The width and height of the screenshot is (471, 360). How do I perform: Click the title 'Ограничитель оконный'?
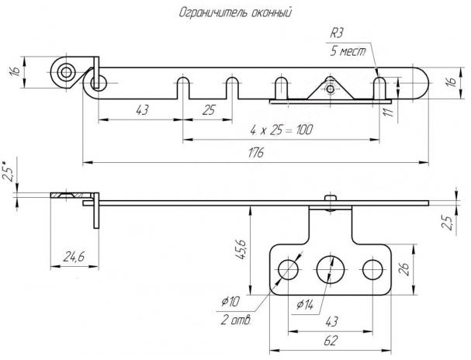point(235,12)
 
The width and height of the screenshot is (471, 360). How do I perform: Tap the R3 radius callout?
point(337,33)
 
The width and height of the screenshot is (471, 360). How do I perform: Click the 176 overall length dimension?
point(255,153)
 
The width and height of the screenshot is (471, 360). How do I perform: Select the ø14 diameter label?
point(304,305)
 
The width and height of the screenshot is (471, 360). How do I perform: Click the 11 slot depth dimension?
point(389,111)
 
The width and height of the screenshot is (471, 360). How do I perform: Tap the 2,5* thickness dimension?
point(8,171)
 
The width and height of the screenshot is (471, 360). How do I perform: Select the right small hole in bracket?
point(373,269)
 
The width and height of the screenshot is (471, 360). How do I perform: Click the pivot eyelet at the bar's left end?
point(65,72)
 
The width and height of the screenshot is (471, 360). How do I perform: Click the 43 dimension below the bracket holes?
point(331,320)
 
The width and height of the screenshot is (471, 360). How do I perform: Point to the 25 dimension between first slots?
point(208,111)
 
